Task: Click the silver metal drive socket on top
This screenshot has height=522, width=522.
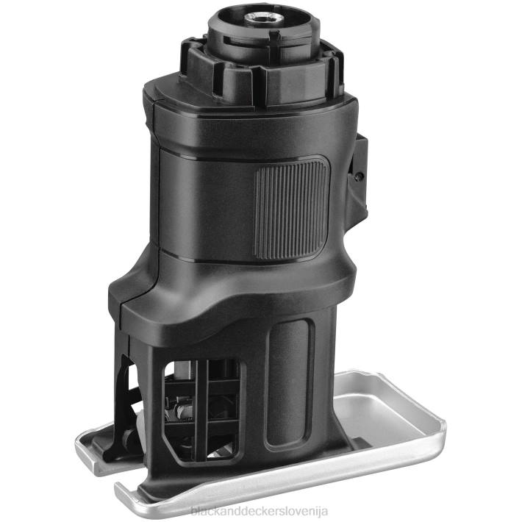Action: (x=262, y=15)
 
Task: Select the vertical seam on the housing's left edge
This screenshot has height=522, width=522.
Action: (x=156, y=184)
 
